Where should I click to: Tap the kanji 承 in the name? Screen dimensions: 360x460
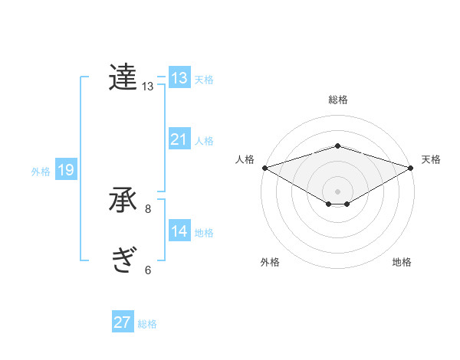point(123,200)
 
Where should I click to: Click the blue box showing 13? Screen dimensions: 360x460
point(179,78)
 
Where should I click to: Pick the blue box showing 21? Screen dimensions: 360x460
point(179,139)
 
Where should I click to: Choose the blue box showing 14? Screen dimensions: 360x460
point(179,231)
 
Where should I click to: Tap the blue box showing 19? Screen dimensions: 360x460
point(66,170)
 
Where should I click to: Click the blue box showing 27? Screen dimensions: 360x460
point(123,322)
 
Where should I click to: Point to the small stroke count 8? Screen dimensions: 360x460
point(148,208)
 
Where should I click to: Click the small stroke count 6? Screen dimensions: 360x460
point(148,270)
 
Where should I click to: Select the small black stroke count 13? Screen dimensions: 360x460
point(148,87)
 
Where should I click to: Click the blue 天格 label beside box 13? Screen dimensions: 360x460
point(204,80)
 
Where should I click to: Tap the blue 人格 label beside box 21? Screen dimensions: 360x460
point(204,141)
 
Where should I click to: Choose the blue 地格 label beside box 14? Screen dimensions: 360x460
point(204,233)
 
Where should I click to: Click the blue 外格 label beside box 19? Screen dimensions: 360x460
point(41,172)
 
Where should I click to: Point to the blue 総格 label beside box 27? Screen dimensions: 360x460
point(147,324)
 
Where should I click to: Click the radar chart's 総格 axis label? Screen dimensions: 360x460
point(337,100)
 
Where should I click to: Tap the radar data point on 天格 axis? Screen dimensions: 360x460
point(411,167)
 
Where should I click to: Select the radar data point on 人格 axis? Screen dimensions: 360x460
point(264,167)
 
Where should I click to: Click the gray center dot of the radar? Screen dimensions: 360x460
point(337,191)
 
